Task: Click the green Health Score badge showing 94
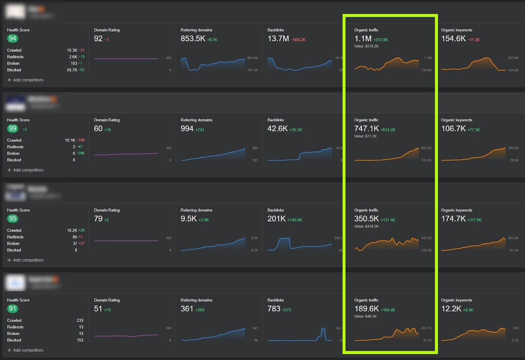pyautogui.click(x=12, y=38)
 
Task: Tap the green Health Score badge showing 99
pyautogui.click(x=12, y=129)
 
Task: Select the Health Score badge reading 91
pyautogui.click(x=12, y=309)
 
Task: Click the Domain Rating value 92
pyautogui.click(x=98, y=39)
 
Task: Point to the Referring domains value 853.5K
pyautogui.click(x=193, y=39)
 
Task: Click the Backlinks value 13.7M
pyautogui.click(x=278, y=39)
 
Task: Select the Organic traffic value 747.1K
pyautogui.click(x=366, y=129)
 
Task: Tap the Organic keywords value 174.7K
pyautogui.click(x=453, y=219)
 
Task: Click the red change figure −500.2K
pyautogui.click(x=298, y=40)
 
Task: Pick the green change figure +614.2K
pyautogui.click(x=388, y=130)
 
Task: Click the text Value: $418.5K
pyautogui.click(x=366, y=226)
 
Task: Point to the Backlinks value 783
pyautogui.click(x=274, y=309)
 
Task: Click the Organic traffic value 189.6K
pyautogui.click(x=366, y=309)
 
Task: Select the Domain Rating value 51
pyautogui.click(x=98, y=309)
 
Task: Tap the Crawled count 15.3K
pyautogui.click(x=72, y=50)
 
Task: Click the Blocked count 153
pyautogui.click(x=80, y=340)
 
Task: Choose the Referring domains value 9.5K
pyautogui.click(x=188, y=219)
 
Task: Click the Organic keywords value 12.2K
pyautogui.click(x=451, y=309)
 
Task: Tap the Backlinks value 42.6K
pyautogui.click(x=277, y=129)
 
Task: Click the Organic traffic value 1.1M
pyautogui.click(x=363, y=39)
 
